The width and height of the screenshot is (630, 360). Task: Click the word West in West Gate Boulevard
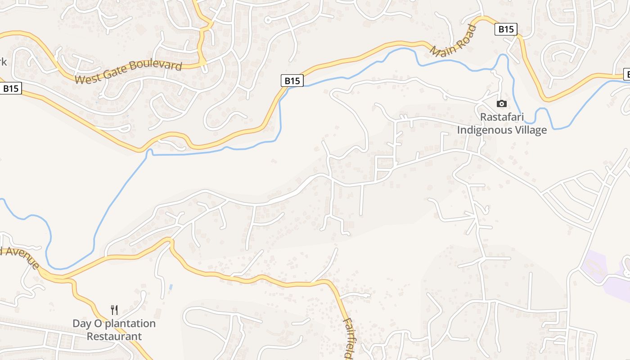[86, 79]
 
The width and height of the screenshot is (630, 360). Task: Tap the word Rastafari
[502, 117]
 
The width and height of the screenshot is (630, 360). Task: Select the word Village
[531, 130]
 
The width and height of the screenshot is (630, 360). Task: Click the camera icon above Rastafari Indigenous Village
[501, 104]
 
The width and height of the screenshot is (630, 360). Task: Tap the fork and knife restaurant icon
[114, 310]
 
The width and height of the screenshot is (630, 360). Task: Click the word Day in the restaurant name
[81, 324]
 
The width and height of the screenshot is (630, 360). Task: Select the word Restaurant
[114, 336]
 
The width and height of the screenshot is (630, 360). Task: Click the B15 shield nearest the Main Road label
[506, 29]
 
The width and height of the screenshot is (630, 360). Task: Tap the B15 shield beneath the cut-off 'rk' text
[11, 88]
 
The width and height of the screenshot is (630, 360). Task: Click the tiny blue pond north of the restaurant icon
[170, 287]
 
